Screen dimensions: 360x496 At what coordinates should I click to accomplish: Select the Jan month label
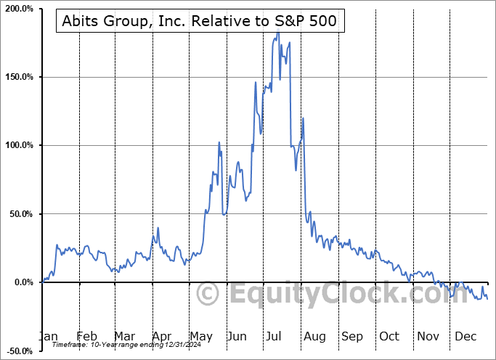(x=49, y=336)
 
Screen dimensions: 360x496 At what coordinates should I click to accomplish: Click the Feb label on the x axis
(x=86, y=336)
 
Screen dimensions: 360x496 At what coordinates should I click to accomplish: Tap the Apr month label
(x=162, y=336)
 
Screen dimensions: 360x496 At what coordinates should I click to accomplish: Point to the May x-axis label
(x=201, y=336)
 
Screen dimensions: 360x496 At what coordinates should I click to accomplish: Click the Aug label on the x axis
(x=314, y=336)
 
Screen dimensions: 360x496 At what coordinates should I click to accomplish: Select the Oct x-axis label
(x=389, y=336)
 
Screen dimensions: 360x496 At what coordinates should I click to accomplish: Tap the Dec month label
(x=465, y=336)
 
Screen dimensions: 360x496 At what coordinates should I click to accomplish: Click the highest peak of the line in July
(x=277, y=33)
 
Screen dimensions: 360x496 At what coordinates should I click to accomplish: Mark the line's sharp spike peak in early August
(x=303, y=118)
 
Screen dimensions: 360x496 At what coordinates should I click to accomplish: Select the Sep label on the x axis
(x=352, y=336)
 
